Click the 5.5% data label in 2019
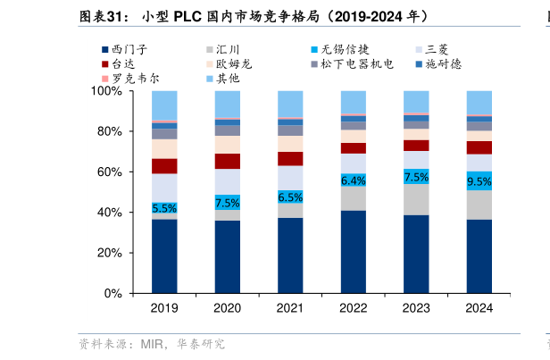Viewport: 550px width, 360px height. click(x=164, y=207)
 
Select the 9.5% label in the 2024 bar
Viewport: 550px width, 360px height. click(x=479, y=182)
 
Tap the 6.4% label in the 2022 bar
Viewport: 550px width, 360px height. click(x=354, y=180)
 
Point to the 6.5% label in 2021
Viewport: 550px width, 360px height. click(x=290, y=197)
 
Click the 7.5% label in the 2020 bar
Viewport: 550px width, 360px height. click(x=228, y=203)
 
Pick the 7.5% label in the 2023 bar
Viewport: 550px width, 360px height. click(x=416, y=177)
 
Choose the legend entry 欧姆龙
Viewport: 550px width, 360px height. click(x=237, y=64)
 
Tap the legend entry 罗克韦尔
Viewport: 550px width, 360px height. click(x=133, y=79)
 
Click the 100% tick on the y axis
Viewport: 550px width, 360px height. click(x=108, y=91)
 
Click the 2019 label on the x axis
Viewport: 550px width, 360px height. click(x=164, y=308)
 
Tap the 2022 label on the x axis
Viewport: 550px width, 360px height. click(x=354, y=308)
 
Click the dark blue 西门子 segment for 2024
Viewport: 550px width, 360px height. click(x=479, y=256)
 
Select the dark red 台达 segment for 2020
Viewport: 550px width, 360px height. click(x=228, y=161)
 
